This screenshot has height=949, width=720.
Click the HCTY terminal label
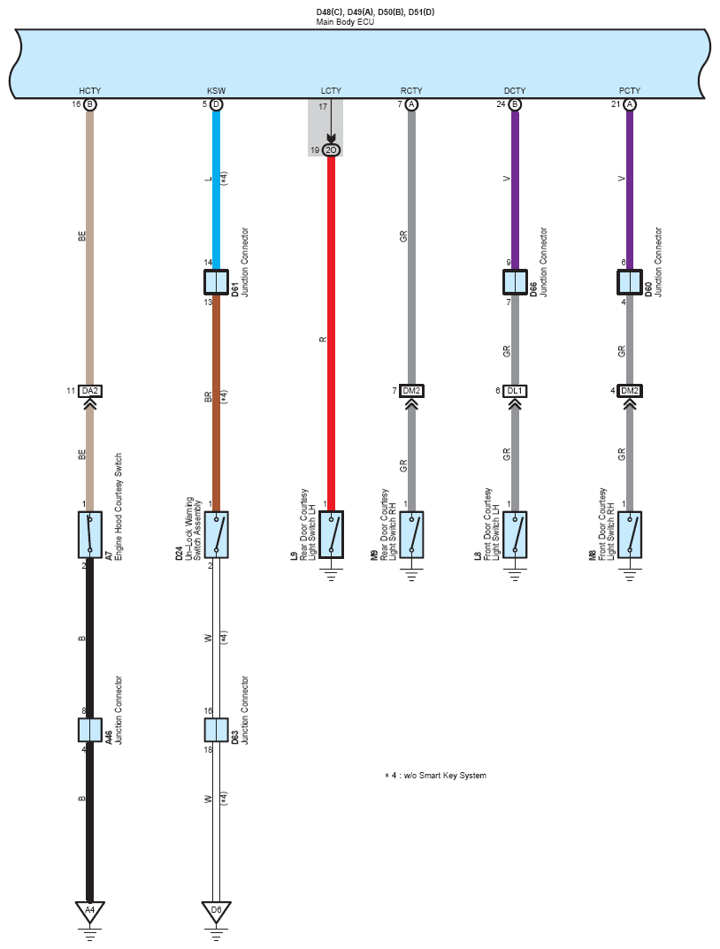(x=89, y=91)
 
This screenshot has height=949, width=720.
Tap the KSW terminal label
(x=216, y=91)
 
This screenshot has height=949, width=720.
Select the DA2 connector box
(x=89, y=391)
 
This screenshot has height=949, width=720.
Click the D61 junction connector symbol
(x=216, y=282)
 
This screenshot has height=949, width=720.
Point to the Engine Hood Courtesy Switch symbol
(x=89, y=534)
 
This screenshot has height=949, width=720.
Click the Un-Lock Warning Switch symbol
(x=216, y=534)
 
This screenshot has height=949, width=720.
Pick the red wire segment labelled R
(x=331, y=333)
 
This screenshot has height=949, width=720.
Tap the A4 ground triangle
(x=89, y=912)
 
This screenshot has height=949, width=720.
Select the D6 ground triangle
(x=216, y=912)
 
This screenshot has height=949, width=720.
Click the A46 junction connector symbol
(x=89, y=730)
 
